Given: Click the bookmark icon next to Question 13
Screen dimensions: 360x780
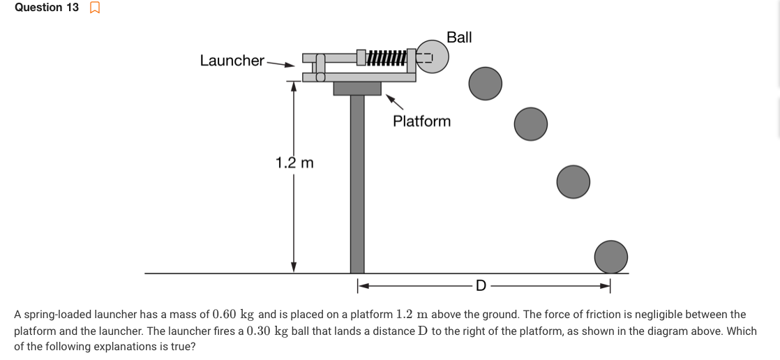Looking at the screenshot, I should coord(95,8).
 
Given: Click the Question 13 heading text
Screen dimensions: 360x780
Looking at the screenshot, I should coord(46,8).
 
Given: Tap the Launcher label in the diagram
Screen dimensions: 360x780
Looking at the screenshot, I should coord(232,61).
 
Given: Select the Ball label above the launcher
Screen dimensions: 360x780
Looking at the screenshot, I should coord(459,38).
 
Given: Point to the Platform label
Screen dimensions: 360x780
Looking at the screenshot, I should coord(421,121).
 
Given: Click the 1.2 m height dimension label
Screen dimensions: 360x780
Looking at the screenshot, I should coord(294,163).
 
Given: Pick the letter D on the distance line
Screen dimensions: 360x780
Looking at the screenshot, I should coord(480,285).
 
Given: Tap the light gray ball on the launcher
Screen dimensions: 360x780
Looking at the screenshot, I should coord(433,57).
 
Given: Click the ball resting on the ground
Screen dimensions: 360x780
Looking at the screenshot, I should coord(611,256).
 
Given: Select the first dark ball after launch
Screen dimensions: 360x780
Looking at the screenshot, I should coord(485,83).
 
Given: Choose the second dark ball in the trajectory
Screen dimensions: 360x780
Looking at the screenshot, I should coord(531,123).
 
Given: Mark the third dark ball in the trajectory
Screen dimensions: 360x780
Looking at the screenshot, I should coord(573,181).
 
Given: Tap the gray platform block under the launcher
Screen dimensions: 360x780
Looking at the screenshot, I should coord(357,88).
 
